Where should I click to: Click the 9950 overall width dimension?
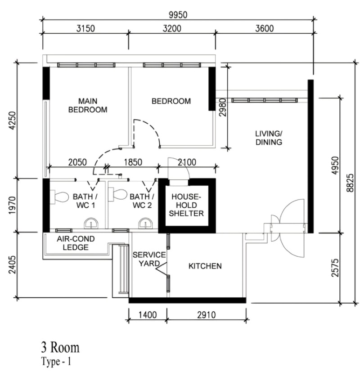click(x=178, y=15)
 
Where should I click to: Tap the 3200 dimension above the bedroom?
click(x=172, y=28)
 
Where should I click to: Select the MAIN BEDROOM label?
click(x=88, y=105)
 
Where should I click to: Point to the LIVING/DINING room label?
click(x=269, y=138)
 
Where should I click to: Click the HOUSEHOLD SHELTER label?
click(x=186, y=205)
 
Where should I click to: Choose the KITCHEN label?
click(x=205, y=266)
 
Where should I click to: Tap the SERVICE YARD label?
click(x=149, y=259)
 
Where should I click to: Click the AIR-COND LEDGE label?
click(x=76, y=243)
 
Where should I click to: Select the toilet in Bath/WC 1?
click(x=59, y=197)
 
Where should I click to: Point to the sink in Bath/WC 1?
click(x=91, y=223)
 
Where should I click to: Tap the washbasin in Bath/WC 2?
click(x=145, y=223)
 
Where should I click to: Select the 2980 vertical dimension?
click(x=223, y=107)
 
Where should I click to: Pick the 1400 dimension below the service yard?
click(x=148, y=315)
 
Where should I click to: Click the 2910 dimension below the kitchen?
click(x=207, y=315)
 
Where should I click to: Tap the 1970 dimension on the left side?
click(x=12, y=205)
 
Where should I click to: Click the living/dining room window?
click(x=265, y=100)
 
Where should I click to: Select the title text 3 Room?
click(x=60, y=347)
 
